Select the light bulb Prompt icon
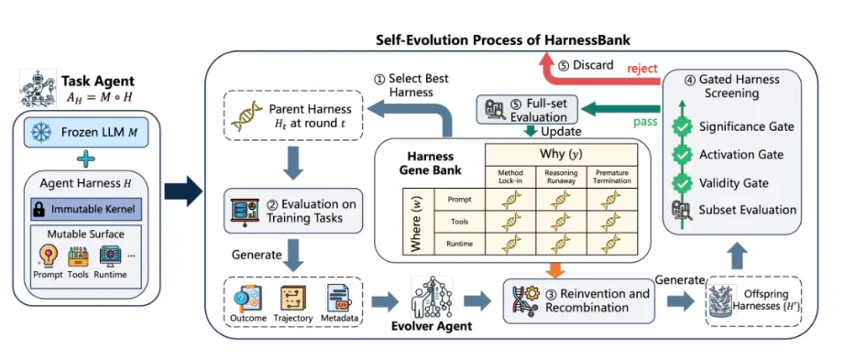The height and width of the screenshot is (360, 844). pos(48,255)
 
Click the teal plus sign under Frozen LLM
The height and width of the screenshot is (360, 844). pos(85,159)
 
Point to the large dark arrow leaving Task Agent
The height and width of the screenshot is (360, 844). pos(182,190)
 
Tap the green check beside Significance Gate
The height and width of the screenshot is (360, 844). pos(683,127)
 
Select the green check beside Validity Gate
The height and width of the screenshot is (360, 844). pos(683,183)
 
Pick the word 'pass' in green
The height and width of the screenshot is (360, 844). pos(646,122)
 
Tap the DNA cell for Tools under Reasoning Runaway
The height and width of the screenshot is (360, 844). pos(560,221)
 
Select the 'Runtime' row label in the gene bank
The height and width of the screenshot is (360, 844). pos(459,244)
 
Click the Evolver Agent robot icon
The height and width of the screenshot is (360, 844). pos(431,297)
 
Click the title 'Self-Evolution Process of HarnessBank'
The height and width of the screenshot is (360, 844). pos(503,39)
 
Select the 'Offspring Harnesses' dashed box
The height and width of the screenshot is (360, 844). pos(753,302)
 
